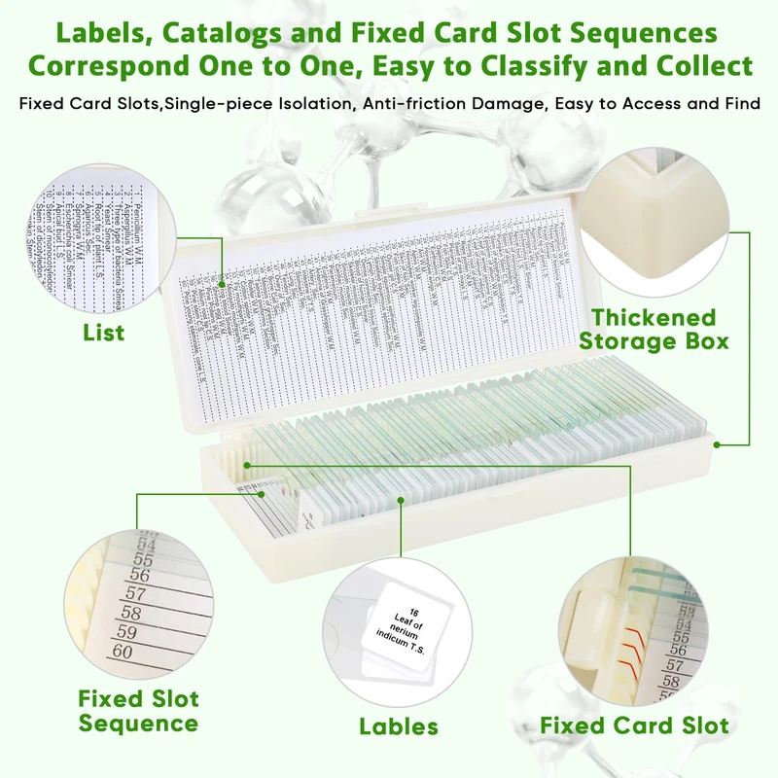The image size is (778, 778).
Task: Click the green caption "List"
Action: [x=103, y=333]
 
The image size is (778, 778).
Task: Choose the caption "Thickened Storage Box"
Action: [x=660, y=329]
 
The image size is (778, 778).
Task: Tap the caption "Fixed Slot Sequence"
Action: [x=138, y=711]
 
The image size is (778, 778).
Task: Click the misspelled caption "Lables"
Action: [x=399, y=725]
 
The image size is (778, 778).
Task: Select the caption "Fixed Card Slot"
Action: [x=635, y=725]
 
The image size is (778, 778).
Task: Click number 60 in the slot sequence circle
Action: [x=123, y=653]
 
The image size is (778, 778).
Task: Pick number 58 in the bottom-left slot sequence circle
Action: [x=130, y=614]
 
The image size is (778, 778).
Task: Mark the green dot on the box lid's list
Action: [x=223, y=285]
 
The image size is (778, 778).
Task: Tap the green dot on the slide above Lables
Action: [x=401, y=502]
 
